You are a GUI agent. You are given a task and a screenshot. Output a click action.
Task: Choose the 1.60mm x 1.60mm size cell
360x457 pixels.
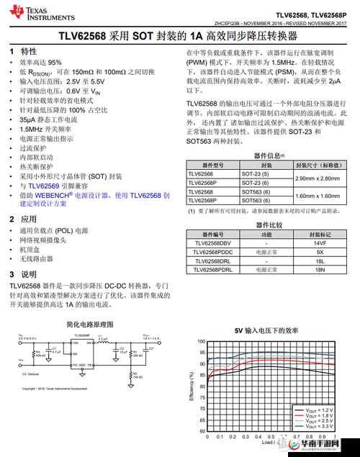point(317,196)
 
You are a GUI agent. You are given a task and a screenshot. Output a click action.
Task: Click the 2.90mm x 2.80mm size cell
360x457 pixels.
point(317,178)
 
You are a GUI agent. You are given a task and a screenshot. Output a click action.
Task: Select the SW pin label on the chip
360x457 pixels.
point(89,344)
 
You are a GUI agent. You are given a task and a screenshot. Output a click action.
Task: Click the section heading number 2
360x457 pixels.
point(12,219)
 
